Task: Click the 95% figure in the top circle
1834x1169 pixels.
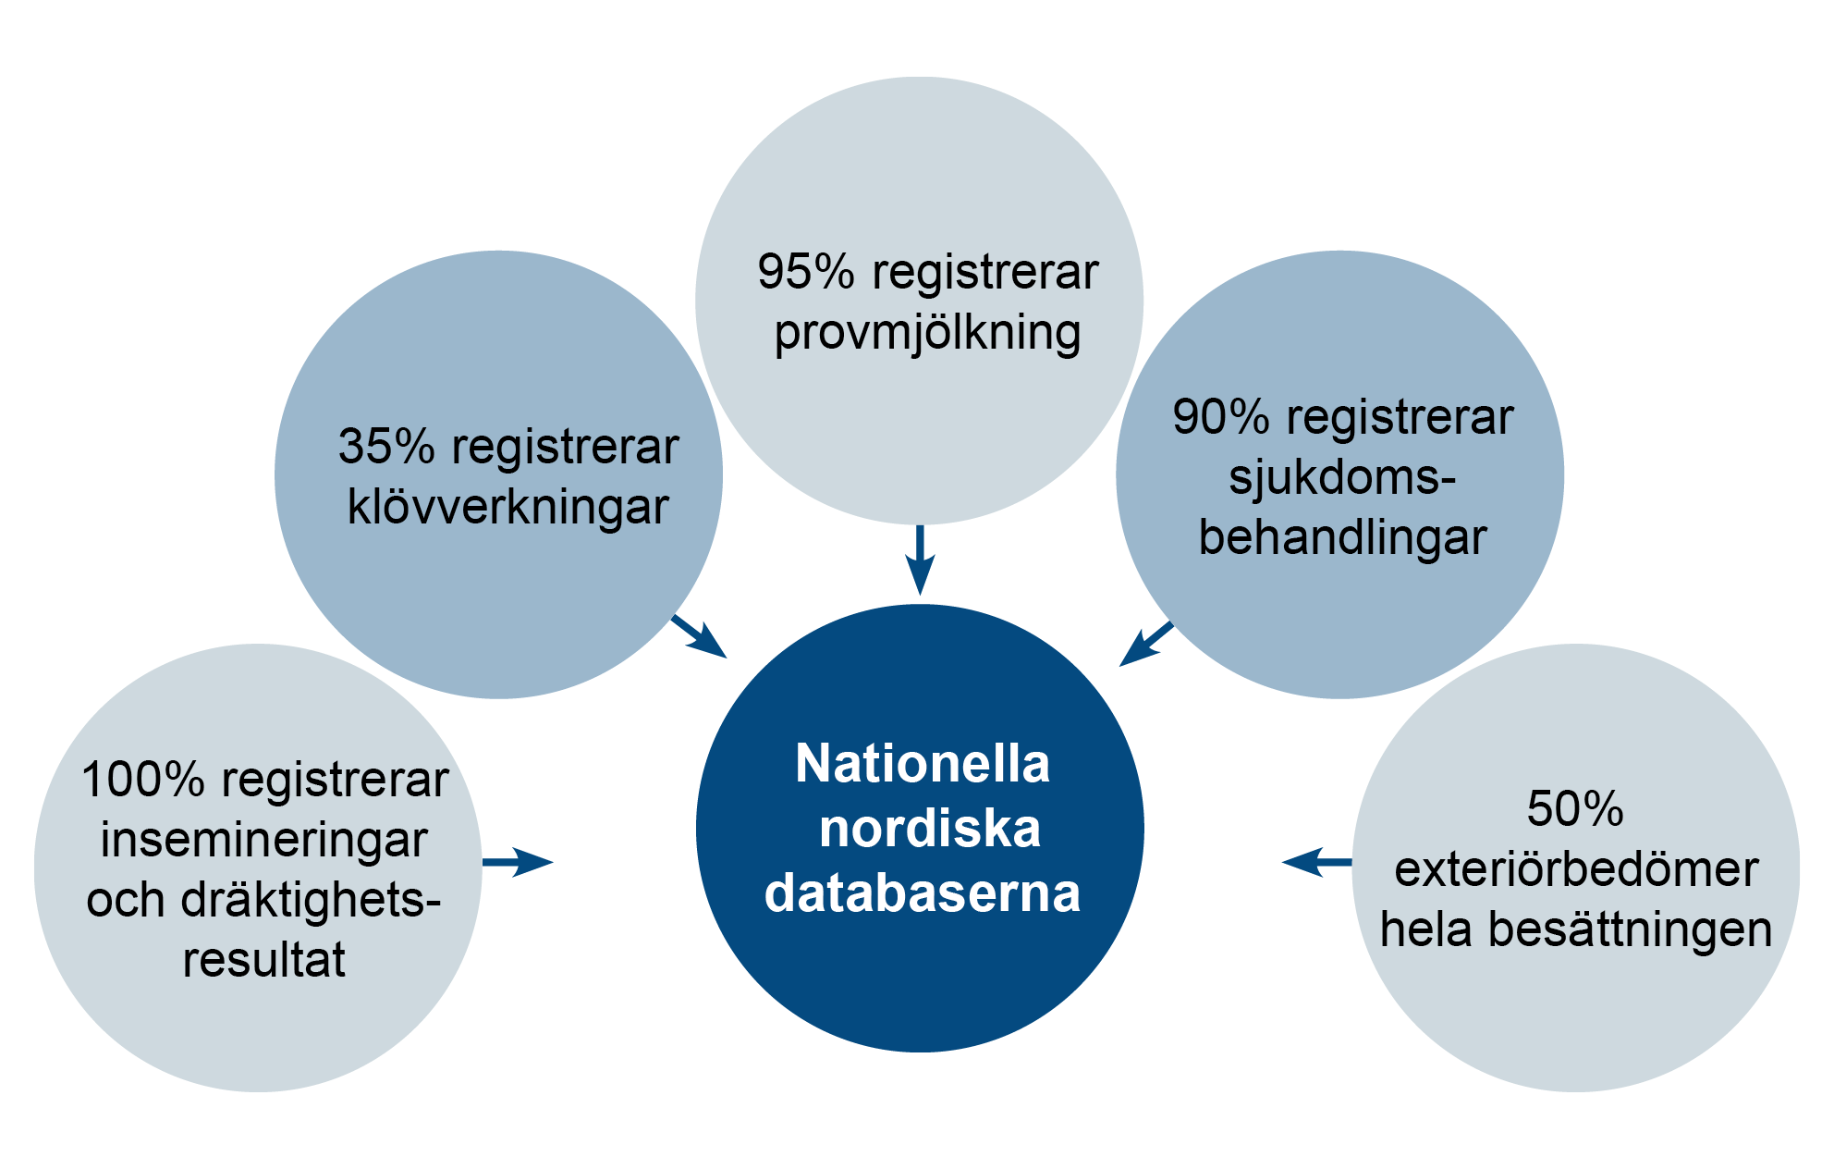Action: (x=805, y=273)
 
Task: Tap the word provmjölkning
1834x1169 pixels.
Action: (x=927, y=334)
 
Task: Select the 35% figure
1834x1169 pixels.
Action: (x=386, y=447)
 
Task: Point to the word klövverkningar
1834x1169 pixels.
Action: (x=507, y=507)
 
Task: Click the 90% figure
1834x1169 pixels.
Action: (x=1221, y=417)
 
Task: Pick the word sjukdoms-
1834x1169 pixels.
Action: (x=1341, y=478)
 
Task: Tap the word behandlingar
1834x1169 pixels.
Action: (x=1342, y=537)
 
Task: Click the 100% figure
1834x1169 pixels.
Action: (x=142, y=780)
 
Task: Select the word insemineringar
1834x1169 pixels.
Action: (x=263, y=840)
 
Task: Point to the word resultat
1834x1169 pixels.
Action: (x=263, y=959)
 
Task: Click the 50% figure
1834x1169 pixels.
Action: (x=1575, y=809)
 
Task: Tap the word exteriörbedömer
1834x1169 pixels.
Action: (x=1576, y=869)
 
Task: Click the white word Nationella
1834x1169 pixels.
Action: (x=923, y=764)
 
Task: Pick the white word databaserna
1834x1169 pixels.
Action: (x=923, y=892)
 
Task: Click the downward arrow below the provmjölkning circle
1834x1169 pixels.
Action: (x=920, y=560)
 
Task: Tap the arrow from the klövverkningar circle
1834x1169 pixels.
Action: (x=700, y=637)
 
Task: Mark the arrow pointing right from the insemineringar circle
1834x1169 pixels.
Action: (x=518, y=862)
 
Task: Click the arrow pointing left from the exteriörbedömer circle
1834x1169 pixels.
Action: (x=1316, y=862)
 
